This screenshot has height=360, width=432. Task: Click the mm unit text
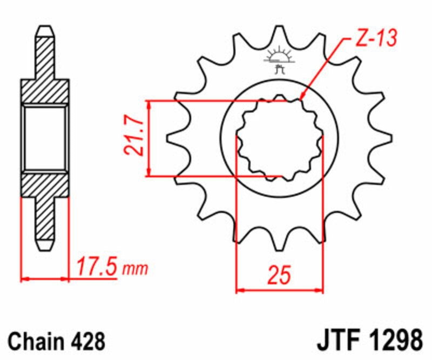(135, 268)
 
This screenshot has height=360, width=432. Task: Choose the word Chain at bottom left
(36, 342)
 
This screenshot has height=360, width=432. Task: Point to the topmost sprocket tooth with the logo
(279, 41)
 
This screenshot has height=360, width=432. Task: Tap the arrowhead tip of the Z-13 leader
(301, 101)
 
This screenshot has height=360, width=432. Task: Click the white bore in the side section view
(45, 138)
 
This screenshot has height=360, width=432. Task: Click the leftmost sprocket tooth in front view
(175, 138)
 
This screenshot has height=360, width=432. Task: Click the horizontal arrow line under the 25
(279, 290)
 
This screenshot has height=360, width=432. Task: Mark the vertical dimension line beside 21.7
(151, 138)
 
